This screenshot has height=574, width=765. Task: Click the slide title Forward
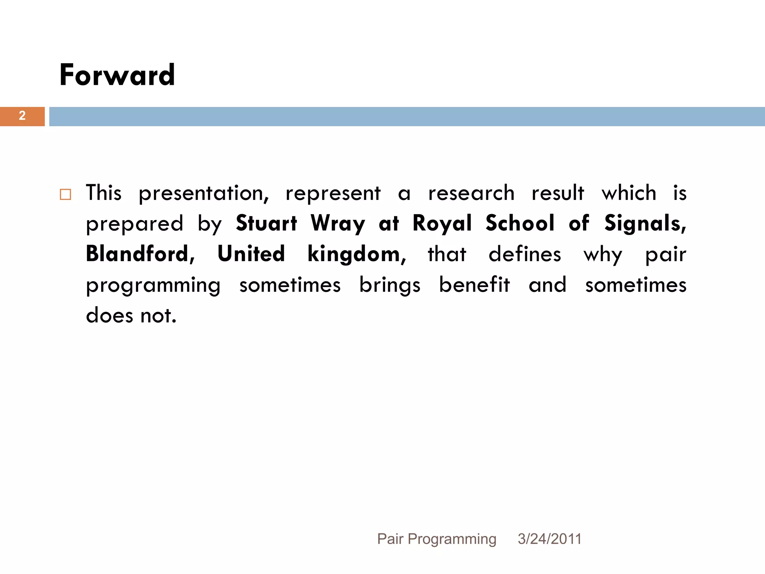[x=117, y=75]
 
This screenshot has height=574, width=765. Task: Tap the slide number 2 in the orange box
[x=22, y=116]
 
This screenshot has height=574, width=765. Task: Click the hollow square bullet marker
[x=65, y=194]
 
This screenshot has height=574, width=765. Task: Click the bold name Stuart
[x=266, y=223]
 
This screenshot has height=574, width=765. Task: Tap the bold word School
[x=520, y=223]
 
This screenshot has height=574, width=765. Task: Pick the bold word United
[x=251, y=254]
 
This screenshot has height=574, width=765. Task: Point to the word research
[x=471, y=194]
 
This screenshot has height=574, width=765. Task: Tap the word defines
[x=524, y=254]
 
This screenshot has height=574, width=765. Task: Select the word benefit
[x=474, y=285]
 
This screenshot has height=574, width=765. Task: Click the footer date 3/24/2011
[x=549, y=539]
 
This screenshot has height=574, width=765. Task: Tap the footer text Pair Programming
[x=437, y=539]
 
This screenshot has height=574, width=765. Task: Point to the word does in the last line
[x=109, y=315]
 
